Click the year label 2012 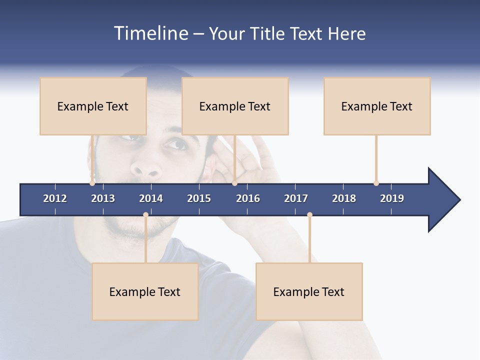pyautogui.click(x=55, y=198)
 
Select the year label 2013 pyautogui.click(x=103, y=198)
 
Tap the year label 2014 pyautogui.click(x=151, y=198)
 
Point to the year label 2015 pyautogui.click(x=199, y=198)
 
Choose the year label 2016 pyautogui.click(x=248, y=198)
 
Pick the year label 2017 pyautogui.click(x=296, y=198)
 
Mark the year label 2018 pyautogui.click(x=344, y=198)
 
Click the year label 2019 pyautogui.click(x=392, y=198)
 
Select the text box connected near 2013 pyautogui.click(x=93, y=106)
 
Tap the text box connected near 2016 pyautogui.click(x=235, y=106)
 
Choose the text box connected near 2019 pyautogui.click(x=377, y=106)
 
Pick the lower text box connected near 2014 pyautogui.click(x=145, y=291)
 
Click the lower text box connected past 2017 pyautogui.click(x=309, y=291)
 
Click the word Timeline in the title pyautogui.click(x=150, y=33)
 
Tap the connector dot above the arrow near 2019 pyautogui.click(x=376, y=183)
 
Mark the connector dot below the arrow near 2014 pyautogui.click(x=145, y=215)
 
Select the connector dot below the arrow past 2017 pyautogui.click(x=309, y=215)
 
